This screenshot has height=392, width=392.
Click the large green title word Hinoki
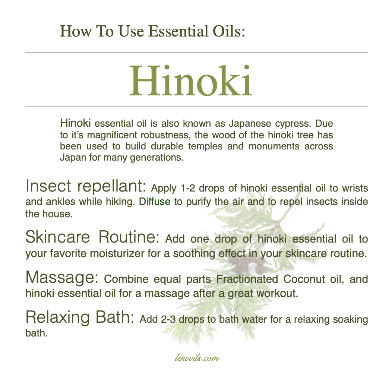pos(191,80)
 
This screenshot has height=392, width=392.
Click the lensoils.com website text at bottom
pos(197,358)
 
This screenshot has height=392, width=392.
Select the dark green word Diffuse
pos(155,201)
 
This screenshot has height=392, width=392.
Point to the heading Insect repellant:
pos(86,186)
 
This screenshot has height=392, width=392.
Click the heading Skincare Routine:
pos(92,237)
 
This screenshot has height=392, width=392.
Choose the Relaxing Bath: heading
pos(80,317)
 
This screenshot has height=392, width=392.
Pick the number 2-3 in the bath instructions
pos(168,319)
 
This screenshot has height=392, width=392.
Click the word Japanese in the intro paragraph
pos(250,123)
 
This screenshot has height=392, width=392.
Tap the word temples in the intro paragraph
pos(205,146)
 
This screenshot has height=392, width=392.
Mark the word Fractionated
pos(247,279)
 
